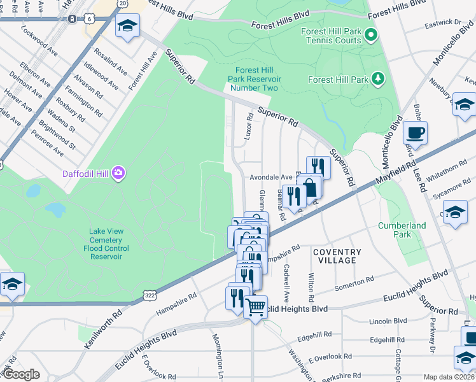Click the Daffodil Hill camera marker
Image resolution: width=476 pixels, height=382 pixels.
[118, 173]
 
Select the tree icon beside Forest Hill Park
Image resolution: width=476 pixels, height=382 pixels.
[379, 79]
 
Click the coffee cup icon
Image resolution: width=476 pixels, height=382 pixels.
[415, 133]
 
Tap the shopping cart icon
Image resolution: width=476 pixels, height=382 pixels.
[256, 308]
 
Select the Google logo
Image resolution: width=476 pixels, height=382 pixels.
[21, 374]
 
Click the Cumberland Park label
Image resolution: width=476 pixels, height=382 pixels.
[403, 230]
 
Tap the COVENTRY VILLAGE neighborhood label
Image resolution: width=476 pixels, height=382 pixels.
[337, 257]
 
